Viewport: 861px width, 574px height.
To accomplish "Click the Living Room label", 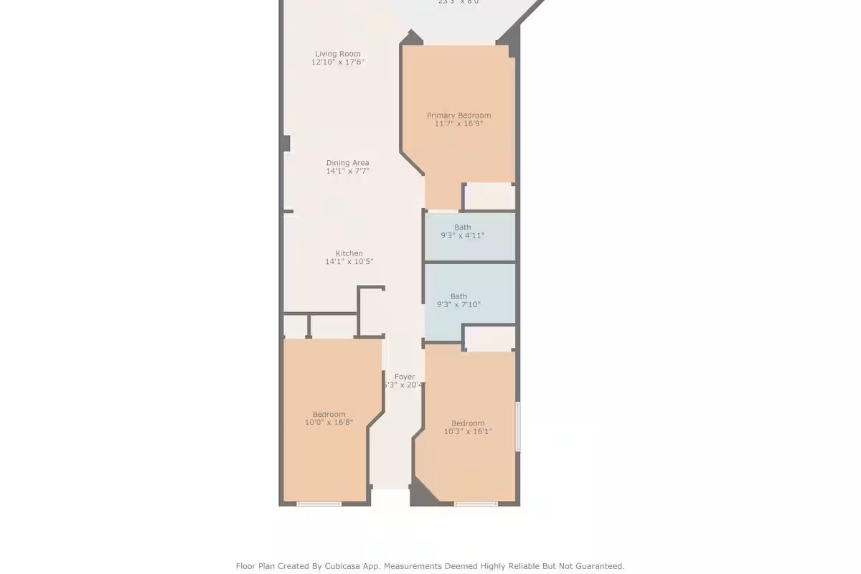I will pos(338,54).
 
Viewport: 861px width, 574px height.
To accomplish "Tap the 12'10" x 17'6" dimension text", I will pos(338,62).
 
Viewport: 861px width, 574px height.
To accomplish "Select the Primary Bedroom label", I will pos(458,116).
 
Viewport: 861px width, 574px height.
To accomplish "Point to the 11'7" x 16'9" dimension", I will pos(458,123).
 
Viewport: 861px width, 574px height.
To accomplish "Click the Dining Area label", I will pos(347,163).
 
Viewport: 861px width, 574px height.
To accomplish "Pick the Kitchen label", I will pos(349,253).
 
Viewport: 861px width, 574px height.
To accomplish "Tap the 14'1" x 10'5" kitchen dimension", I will pos(349,262).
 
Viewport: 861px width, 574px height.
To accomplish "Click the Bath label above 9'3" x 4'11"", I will pos(463,227).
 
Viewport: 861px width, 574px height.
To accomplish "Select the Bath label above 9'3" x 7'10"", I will pos(458,296).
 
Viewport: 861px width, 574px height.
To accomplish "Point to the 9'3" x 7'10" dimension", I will pos(458,305).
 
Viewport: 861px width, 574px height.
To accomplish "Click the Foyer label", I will pos(405,377).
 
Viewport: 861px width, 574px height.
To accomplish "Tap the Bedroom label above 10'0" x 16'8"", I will pos(329,414).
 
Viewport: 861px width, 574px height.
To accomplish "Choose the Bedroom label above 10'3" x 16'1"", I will pos(468,423).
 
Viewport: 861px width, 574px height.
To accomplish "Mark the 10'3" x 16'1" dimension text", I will pos(468,431).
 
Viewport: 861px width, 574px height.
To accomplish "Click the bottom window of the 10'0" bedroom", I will pos(319,504).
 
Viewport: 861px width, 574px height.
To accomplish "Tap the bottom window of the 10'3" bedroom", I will pos(476,504).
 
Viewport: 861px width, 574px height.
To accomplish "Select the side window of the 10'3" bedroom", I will pos(518,426).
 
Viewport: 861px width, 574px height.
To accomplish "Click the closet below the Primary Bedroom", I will pos(489,196).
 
